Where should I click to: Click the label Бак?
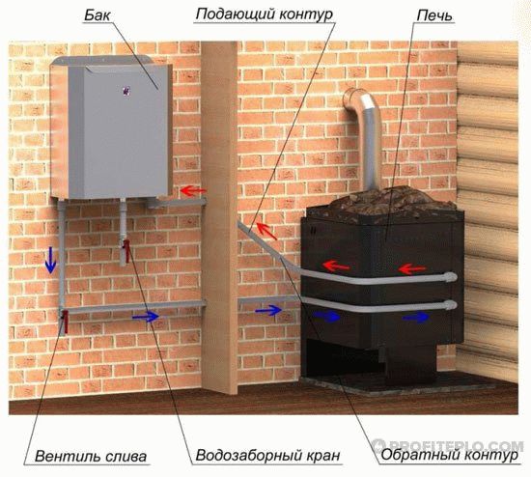click(x=98, y=14)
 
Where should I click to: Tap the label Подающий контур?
click(x=265, y=14)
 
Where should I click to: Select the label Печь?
click(x=434, y=14)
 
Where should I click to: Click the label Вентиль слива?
click(x=91, y=456)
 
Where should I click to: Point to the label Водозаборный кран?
click(x=267, y=455)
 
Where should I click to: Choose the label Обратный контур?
click(x=450, y=455)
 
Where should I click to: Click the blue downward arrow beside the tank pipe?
click(x=50, y=260)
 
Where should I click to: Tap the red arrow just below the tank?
click(x=193, y=191)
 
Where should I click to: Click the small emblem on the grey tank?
click(x=126, y=91)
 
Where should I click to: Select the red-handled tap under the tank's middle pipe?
click(x=126, y=251)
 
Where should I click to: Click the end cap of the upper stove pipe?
click(x=452, y=277)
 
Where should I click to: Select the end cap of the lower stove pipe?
click(x=452, y=305)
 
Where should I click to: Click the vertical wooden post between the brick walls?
click(x=219, y=217)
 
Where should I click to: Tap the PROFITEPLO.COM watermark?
click(x=448, y=445)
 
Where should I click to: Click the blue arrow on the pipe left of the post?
click(x=146, y=317)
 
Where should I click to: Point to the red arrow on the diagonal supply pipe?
click(x=266, y=230)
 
